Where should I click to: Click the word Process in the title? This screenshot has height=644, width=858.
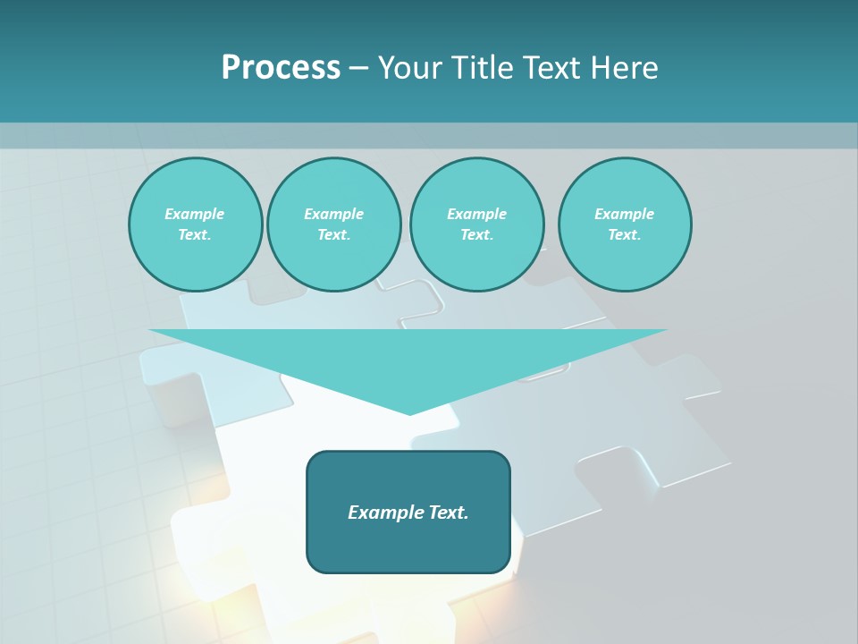281,68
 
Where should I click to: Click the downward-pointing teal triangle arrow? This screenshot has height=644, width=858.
408,358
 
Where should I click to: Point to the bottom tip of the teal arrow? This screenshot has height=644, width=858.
409,413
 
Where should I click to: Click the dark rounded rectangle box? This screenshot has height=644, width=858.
408,546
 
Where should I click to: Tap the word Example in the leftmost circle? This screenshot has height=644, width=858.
195,214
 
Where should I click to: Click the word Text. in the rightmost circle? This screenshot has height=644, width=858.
625,234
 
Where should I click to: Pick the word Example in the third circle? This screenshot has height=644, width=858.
477,214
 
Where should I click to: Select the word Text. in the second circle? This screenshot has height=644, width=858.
334,234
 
